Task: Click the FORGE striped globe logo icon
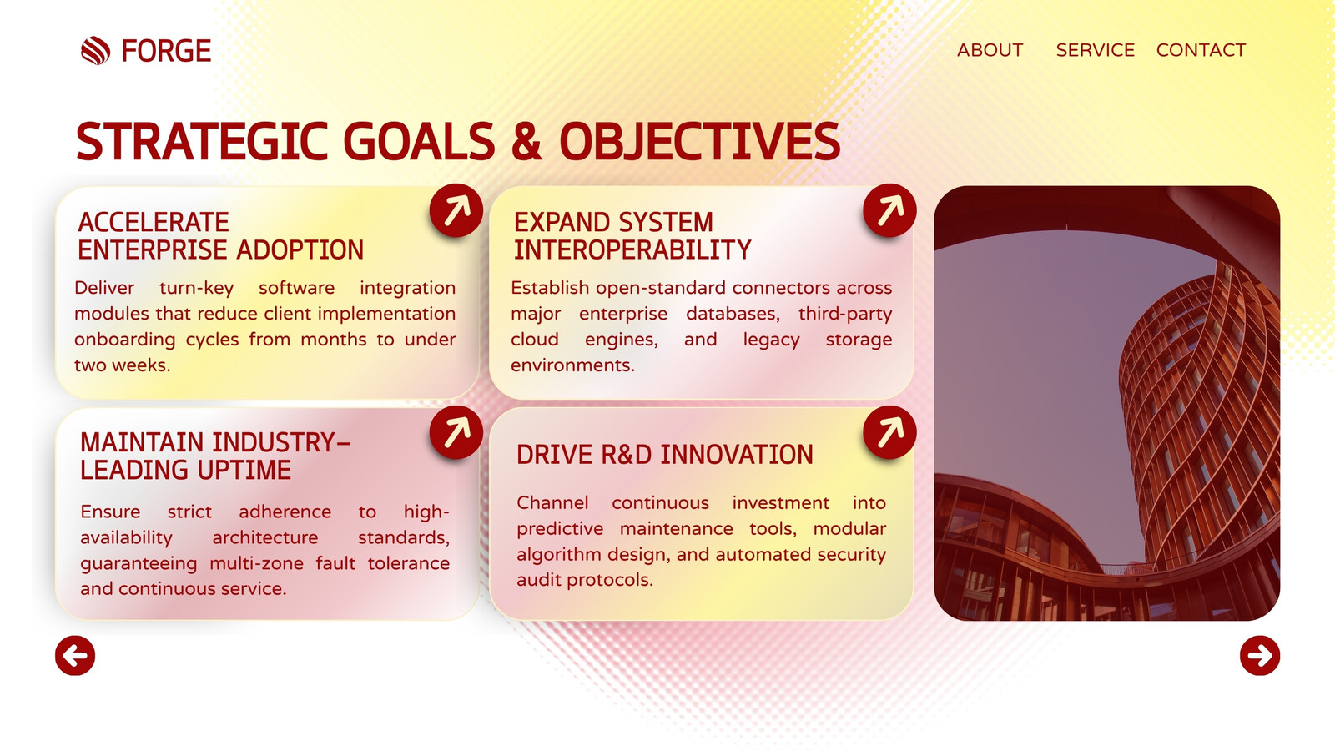pos(95,51)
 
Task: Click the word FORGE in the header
pos(166,51)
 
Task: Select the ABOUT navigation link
pos(990,50)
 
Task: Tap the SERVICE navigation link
pos(1095,50)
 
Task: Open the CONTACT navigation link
pos(1201,50)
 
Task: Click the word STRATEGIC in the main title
pos(202,141)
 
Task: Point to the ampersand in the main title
pos(526,141)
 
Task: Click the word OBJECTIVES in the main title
pos(700,141)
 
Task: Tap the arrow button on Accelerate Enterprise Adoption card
pos(456,210)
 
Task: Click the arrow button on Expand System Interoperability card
pos(889,210)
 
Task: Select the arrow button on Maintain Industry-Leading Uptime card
pos(456,432)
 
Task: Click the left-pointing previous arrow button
pos(75,656)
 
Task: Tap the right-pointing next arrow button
pos(1260,656)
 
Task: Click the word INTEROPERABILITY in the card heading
pos(632,250)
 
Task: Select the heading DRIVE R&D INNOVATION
pos(664,456)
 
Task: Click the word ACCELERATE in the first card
pos(154,223)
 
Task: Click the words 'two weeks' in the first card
pos(122,365)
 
